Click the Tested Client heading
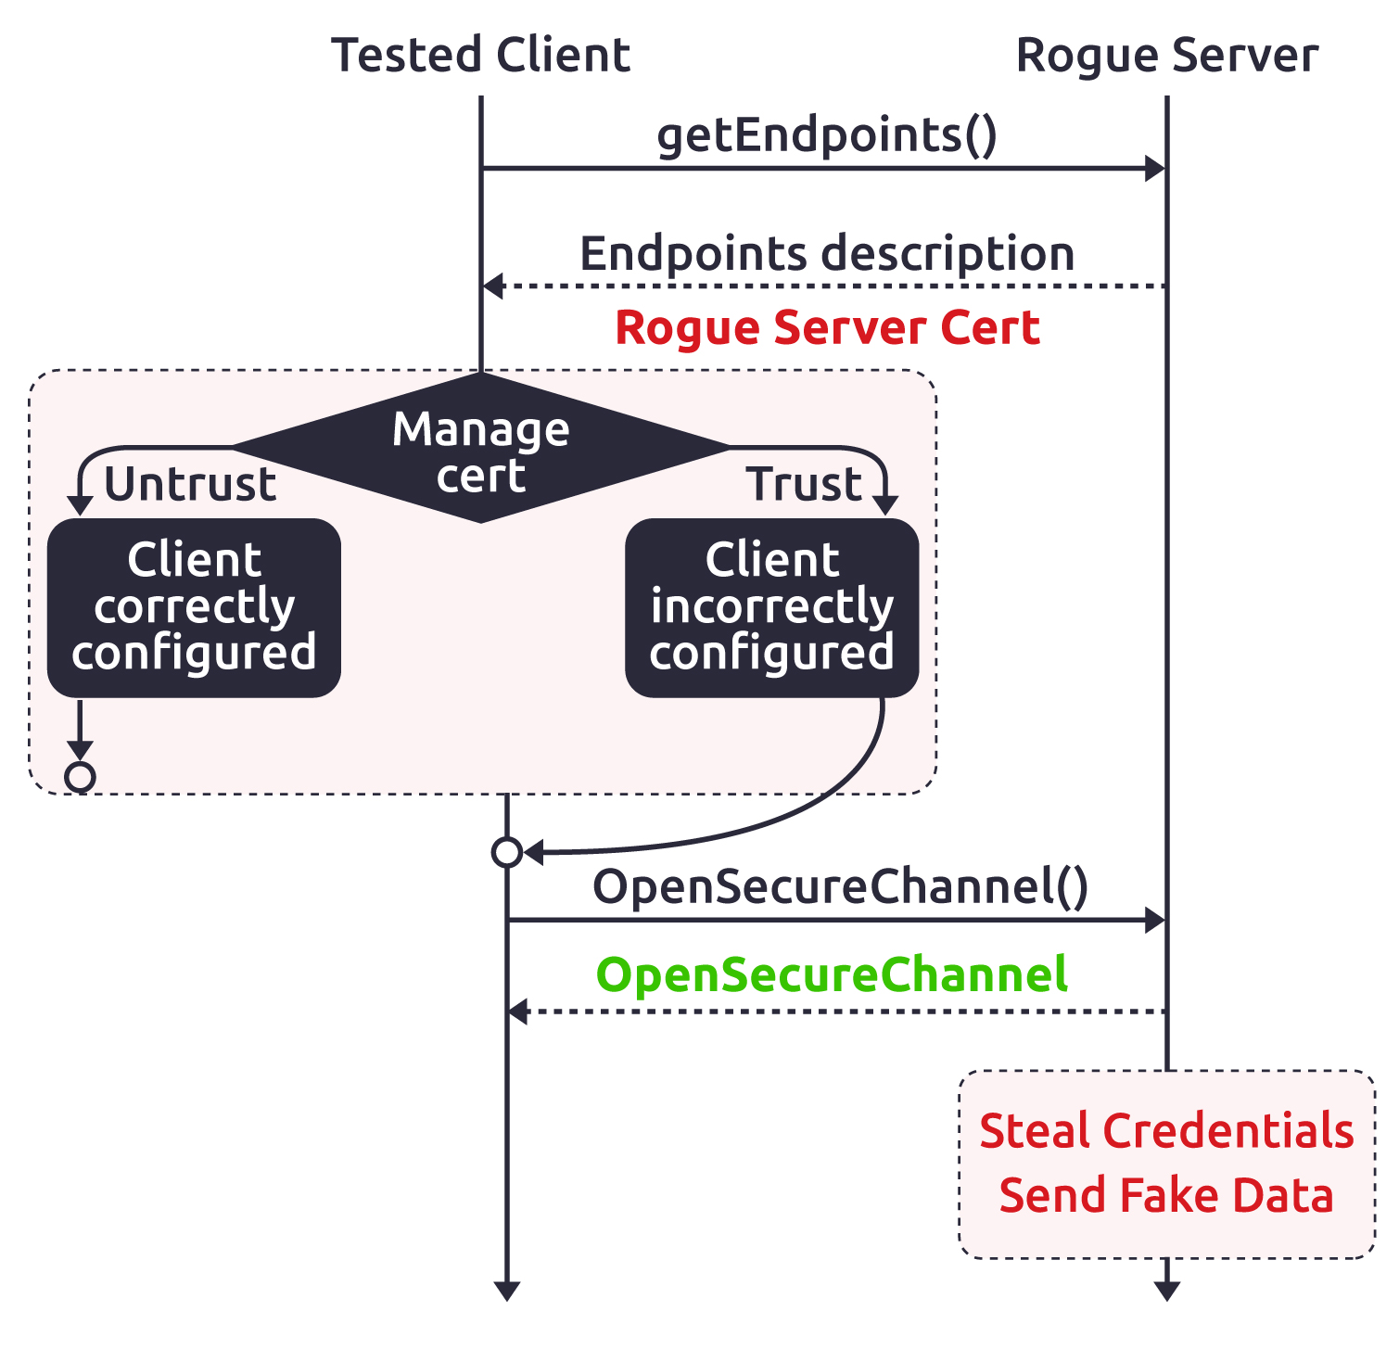click(x=480, y=56)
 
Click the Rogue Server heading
click(x=1166, y=56)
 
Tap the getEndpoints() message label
click(x=827, y=136)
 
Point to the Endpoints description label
click(x=827, y=254)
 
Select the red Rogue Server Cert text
click(x=827, y=328)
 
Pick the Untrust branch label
click(x=190, y=485)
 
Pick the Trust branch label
click(x=804, y=485)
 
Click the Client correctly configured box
click(x=194, y=607)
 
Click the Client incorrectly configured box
click(x=771, y=607)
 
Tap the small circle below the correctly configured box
click(x=80, y=777)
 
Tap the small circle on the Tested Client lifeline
click(x=506, y=851)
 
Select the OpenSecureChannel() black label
click(x=840, y=887)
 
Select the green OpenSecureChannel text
click(x=832, y=975)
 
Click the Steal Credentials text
click(x=1166, y=1131)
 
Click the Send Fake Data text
click(x=1166, y=1196)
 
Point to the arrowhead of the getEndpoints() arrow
click(x=1155, y=169)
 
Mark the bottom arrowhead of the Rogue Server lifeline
click(x=1166, y=1291)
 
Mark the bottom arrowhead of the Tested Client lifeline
click(x=506, y=1291)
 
